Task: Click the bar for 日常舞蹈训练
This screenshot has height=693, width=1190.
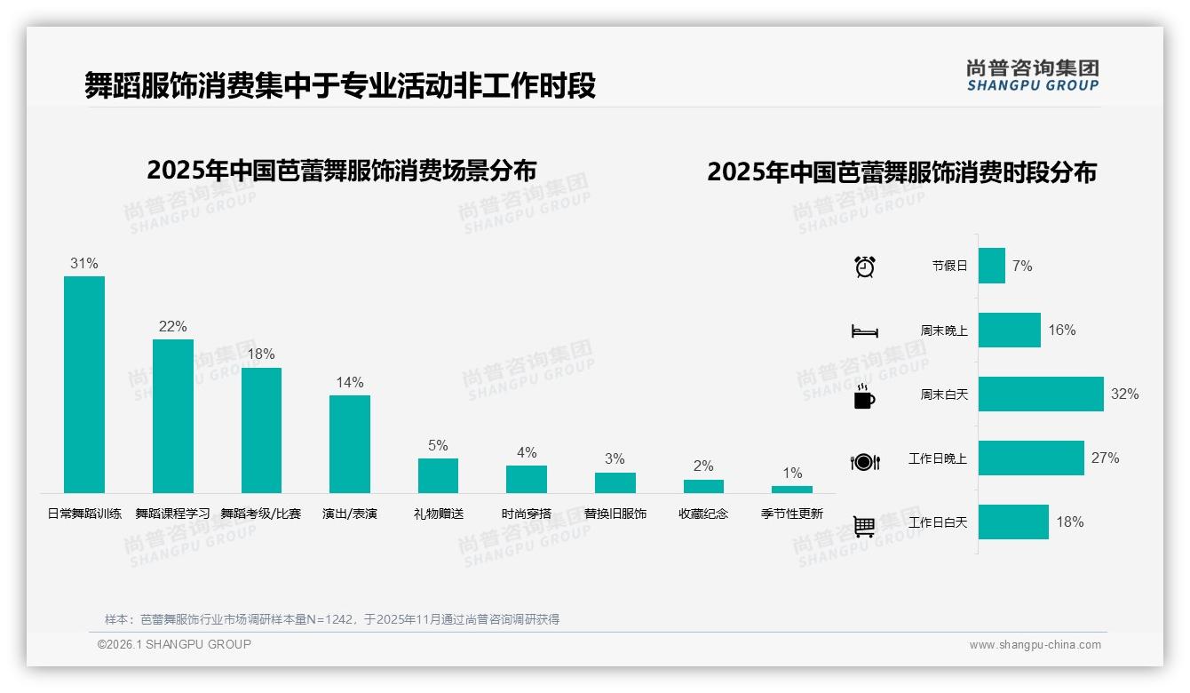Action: coord(84,384)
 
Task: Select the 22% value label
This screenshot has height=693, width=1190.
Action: coord(172,327)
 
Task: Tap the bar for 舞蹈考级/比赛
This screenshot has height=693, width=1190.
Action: coord(261,430)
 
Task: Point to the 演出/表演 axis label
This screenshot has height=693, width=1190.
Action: coord(349,514)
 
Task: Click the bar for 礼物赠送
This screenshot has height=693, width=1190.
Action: coord(438,475)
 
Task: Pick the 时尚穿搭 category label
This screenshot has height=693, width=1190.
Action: coord(526,514)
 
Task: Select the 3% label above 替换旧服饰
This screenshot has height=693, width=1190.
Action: coord(615,459)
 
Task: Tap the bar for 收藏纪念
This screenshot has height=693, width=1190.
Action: coord(703,486)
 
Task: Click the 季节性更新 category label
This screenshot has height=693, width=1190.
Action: coord(791,514)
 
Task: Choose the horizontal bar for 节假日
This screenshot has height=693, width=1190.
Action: coord(991,266)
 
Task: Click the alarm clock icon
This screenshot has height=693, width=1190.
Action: coord(864,266)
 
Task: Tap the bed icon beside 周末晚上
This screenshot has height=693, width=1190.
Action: coord(864,331)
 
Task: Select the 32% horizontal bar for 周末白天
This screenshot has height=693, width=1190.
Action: coord(1041,394)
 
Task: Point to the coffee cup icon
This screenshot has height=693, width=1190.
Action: coord(864,396)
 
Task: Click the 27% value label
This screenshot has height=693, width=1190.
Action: coord(1105,458)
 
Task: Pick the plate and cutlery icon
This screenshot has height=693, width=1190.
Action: coord(864,461)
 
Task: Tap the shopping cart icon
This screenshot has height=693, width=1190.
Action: coord(864,526)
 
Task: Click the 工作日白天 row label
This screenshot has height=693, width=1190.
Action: coord(937,522)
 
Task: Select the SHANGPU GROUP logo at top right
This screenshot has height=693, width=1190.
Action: coord(1032,76)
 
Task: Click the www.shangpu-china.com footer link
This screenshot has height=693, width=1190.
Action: coord(1035,645)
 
